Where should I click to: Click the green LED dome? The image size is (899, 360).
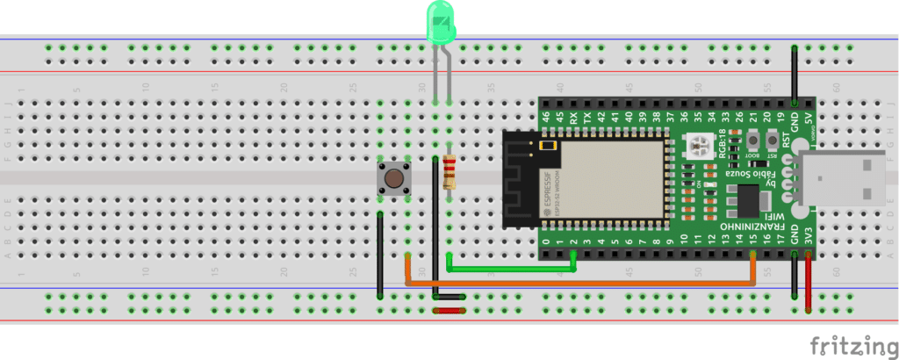click(x=441, y=23)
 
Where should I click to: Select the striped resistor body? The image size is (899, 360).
click(x=450, y=173)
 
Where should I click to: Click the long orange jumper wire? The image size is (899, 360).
click(x=579, y=283)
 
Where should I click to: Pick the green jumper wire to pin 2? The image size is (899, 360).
click(x=509, y=269)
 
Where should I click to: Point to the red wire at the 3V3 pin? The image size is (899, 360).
click(x=808, y=281)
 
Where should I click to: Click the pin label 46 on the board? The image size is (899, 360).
click(x=546, y=117)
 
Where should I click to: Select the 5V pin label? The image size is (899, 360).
click(x=808, y=117)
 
